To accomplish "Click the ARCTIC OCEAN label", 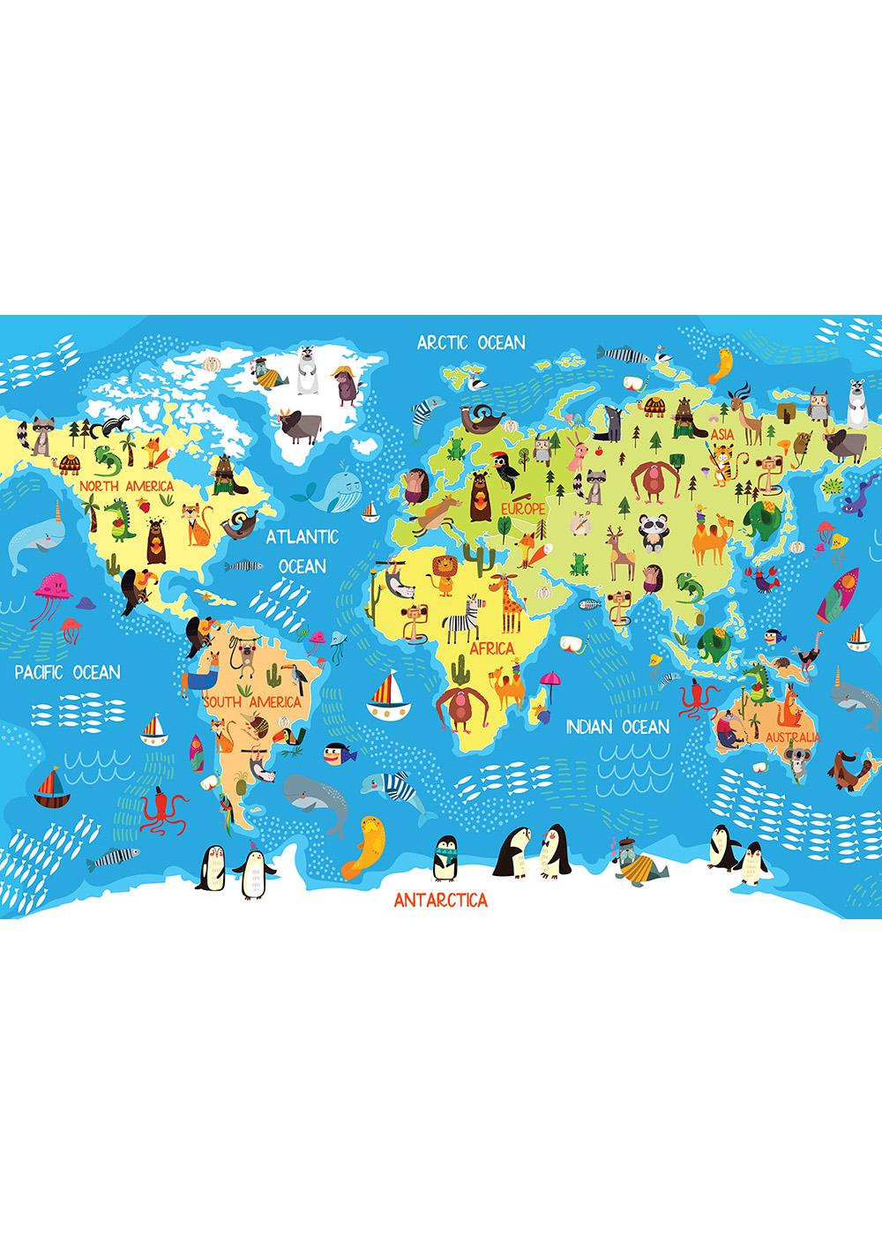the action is coord(471,342).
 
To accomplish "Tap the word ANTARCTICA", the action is coord(440,901).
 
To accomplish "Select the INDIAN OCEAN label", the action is coord(617,726).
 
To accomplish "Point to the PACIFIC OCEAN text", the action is coord(67,672).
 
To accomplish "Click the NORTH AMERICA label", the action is coord(125,485).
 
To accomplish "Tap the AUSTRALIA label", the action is coord(792,737).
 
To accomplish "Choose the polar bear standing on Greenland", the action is coord(308,376).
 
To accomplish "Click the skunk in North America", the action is coord(109,427).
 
